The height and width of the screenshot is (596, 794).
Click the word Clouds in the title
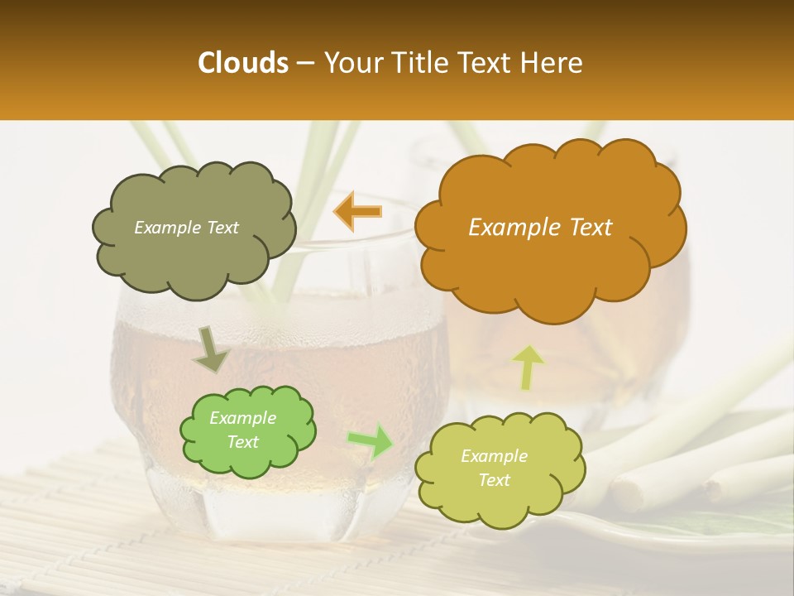(x=242, y=63)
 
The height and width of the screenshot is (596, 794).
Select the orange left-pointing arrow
(x=357, y=212)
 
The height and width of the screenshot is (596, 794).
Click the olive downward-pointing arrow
(x=211, y=349)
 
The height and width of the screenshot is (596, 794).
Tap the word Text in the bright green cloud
(x=243, y=442)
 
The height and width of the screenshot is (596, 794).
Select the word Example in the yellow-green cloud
(x=494, y=456)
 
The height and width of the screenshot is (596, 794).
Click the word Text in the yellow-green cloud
(x=494, y=480)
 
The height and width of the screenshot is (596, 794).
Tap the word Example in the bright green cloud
(x=243, y=418)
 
